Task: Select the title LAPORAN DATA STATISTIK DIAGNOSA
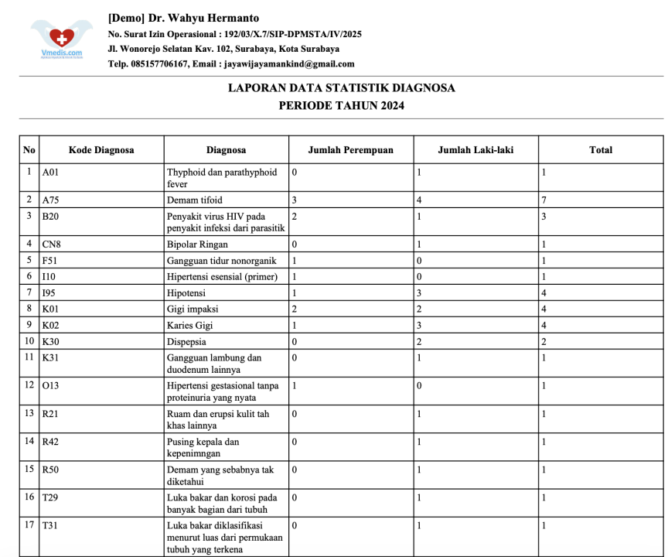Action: point(341,88)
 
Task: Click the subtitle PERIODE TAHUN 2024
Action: point(341,106)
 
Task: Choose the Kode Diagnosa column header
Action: point(101,150)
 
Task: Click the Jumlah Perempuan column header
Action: point(350,150)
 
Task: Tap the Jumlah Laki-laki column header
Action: point(475,150)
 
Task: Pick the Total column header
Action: point(600,150)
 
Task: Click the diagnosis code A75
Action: point(51,200)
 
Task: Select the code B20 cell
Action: point(51,217)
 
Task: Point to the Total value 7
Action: point(544,200)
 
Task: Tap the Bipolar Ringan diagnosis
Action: point(197,244)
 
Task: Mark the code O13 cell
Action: point(51,385)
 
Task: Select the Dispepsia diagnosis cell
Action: point(186,342)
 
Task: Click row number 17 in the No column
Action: point(29,525)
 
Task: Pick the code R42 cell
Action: point(51,443)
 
